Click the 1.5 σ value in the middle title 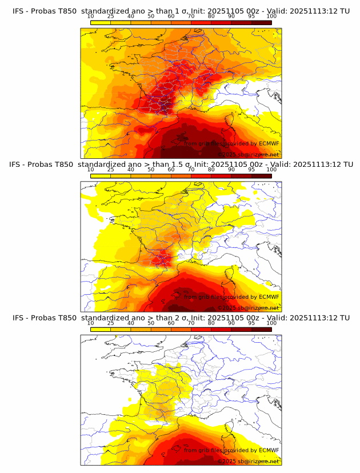click(x=182, y=165)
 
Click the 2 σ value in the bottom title click(x=178, y=318)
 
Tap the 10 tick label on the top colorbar click(x=90, y=16)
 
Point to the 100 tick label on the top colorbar click(x=271, y=16)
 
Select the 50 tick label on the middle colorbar click(x=151, y=170)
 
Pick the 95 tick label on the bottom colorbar click(x=251, y=323)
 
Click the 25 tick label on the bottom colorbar click(x=110, y=323)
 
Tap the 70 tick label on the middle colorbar click(x=191, y=170)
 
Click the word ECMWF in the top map click(x=269, y=143)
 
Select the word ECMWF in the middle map click(x=269, y=297)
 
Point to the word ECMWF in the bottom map click(x=269, y=451)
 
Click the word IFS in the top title click(x=18, y=11)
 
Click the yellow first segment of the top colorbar click(x=100, y=22)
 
